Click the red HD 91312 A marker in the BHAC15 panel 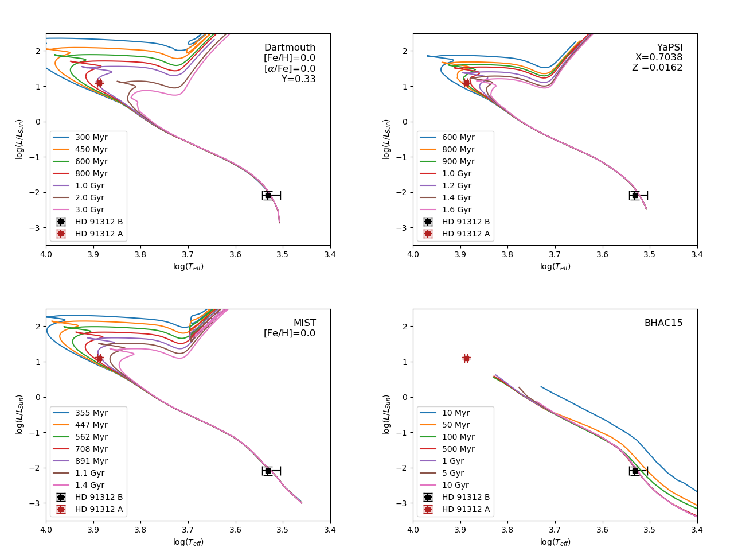coord(466,358)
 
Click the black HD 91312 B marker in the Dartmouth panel coord(268,195)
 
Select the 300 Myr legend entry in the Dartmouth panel coord(91,138)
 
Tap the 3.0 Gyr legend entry coord(89,210)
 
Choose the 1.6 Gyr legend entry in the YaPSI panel coord(456,210)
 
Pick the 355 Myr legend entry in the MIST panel coord(91,413)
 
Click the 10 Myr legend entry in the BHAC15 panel coord(455,413)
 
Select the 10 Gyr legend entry coord(455,486)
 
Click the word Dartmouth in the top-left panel coord(290,48)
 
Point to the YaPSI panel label coord(670,48)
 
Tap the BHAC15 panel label coord(663,323)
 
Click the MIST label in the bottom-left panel coord(304,323)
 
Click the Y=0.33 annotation coord(298,79)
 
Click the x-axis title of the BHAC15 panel coord(555,542)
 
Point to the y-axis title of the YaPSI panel coord(386,139)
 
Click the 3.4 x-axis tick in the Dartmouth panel coord(330,254)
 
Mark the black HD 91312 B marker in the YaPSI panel coord(635,195)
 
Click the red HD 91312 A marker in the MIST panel coord(99,358)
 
